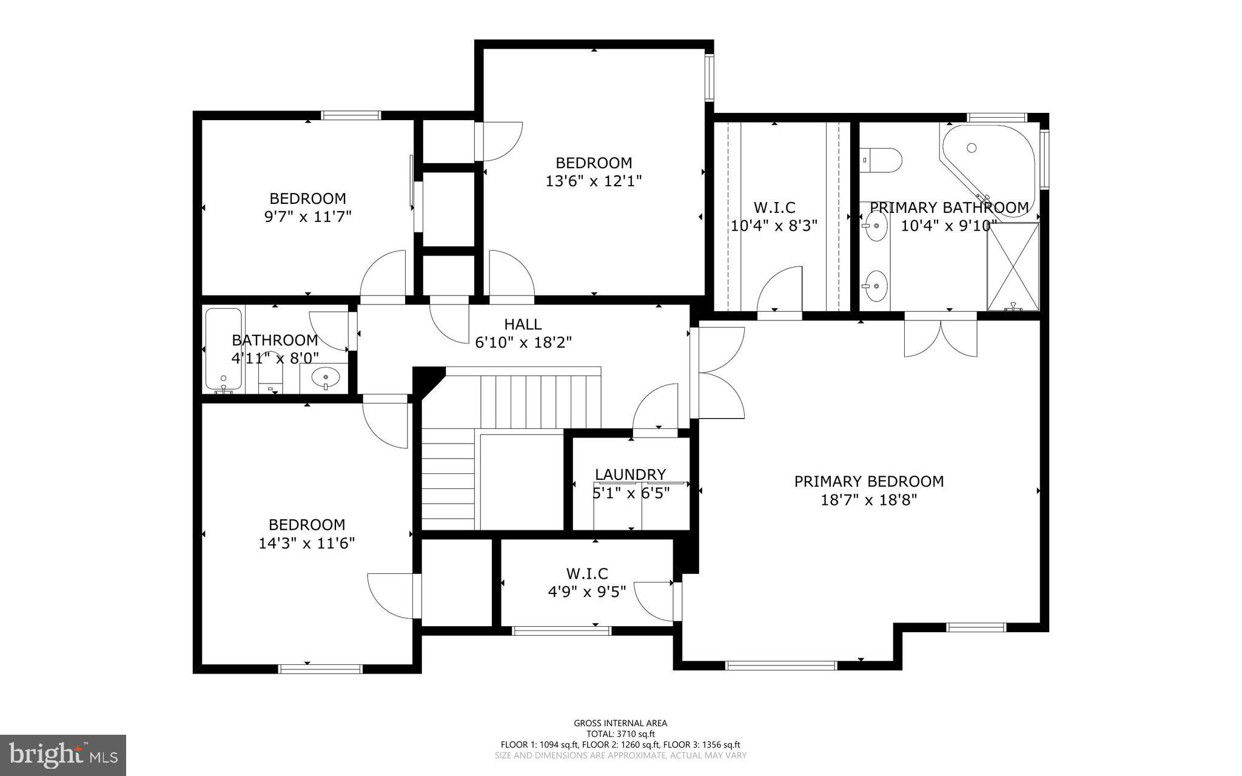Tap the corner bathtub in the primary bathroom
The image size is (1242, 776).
[x=987, y=170]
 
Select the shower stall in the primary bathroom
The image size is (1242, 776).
[x=1013, y=266]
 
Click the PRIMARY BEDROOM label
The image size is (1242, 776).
[x=869, y=481]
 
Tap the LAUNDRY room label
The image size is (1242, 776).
[x=630, y=474]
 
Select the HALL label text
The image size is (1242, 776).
[x=523, y=325]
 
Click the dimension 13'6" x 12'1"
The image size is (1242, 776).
[x=594, y=181]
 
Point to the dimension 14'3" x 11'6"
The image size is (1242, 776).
[x=307, y=543]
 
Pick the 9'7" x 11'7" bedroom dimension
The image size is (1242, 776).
[x=308, y=217]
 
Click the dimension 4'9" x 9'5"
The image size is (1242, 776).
[x=587, y=591]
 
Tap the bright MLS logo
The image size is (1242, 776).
[x=63, y=755]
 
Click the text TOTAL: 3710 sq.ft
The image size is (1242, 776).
[x=620, y=734]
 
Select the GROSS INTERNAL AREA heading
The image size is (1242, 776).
[x=620, y=723]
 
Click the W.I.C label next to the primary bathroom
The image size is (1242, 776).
[x=774, y=207]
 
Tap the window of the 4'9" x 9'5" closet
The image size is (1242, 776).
[x=562, y=631]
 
